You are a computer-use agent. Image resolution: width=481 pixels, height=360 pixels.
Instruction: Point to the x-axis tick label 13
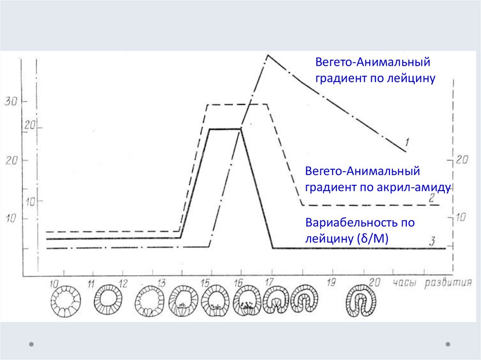161,283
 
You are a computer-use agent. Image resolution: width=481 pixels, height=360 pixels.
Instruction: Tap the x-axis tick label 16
238,283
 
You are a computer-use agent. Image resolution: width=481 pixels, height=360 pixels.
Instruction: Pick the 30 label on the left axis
10,101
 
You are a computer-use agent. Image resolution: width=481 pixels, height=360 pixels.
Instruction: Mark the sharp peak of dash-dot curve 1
268,55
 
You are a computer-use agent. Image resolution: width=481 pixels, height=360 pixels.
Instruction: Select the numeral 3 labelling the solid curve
432,241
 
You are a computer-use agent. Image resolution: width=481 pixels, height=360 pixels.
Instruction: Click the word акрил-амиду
413,188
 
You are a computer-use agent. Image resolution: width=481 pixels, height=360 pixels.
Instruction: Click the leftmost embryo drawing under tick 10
65,302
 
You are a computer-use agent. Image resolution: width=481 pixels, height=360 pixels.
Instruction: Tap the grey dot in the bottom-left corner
31,344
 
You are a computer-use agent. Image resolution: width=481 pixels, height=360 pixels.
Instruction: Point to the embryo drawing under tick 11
109,298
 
